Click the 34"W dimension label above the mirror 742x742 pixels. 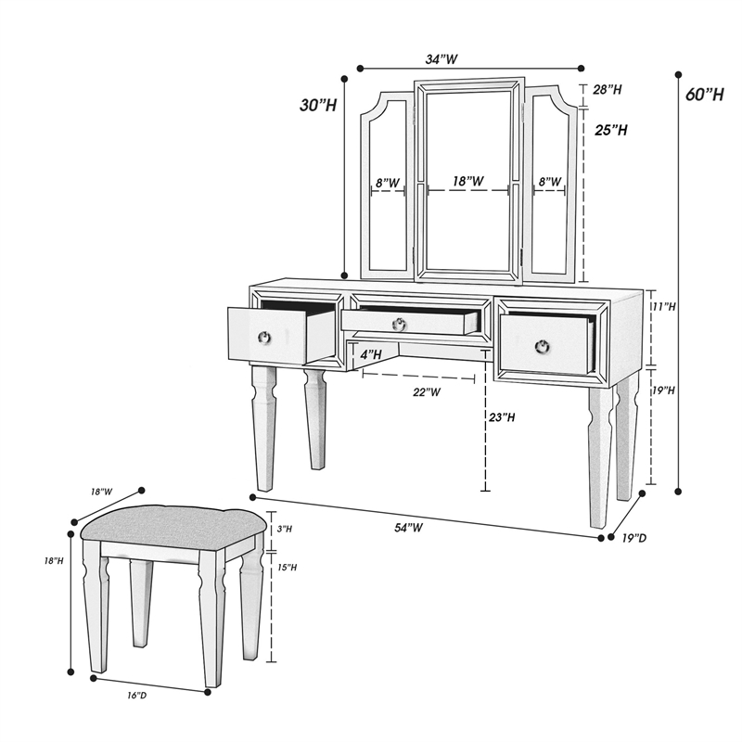pos(441,58)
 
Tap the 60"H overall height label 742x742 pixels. pos(704,95)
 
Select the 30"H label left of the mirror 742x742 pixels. pos(318,106)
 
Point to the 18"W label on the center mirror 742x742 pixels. pos(467,183)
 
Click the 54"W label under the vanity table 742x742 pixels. pos(408,528)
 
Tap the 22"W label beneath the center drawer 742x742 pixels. pos(427,392)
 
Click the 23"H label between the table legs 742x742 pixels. pos(502,418)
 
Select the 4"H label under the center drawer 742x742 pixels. pos(370,354)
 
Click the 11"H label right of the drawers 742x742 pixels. pos(663,306)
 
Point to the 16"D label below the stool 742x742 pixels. pos(136,695)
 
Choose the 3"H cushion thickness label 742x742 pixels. pos(285,529)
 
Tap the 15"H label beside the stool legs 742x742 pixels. pos(287,568)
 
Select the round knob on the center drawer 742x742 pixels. pos(399,324)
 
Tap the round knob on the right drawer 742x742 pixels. pos(543,346)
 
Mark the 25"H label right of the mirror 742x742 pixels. pos(611,131)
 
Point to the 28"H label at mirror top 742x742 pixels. pos(607,90)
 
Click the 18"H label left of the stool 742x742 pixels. pos(54,561)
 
